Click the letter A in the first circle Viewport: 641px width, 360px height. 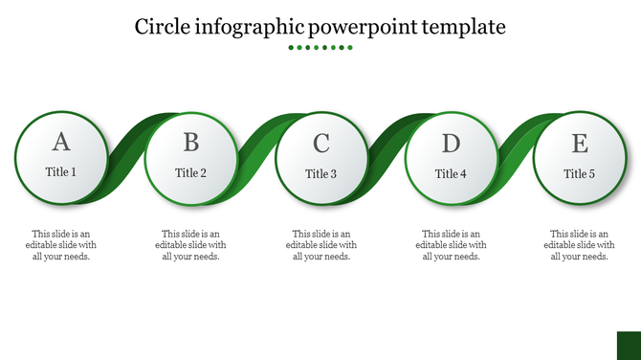[x=61, y=143]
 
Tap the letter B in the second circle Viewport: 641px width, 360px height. [x=191, y=143]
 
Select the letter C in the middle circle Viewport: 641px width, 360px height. [x=321, y=144]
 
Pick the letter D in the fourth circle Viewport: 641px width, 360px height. [x=451, y=144]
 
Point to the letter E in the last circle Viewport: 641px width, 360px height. [x=580, y=144]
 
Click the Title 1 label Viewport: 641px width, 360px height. [x=61, y=173]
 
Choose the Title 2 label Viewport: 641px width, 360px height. [x=191, y=173]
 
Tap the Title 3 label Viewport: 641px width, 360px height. [x=321, y=174]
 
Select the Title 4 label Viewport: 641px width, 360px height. [x=451, y=174]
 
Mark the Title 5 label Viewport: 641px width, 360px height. [x=580, y=174]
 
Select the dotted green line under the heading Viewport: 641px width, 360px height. [x=320, y=47]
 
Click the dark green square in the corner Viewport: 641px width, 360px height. [x=628, y=346]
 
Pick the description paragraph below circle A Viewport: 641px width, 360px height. [x=61, y=245]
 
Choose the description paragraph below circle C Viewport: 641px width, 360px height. [x=321, y=245]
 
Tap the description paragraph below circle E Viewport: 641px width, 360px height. [x=580, y=245]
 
